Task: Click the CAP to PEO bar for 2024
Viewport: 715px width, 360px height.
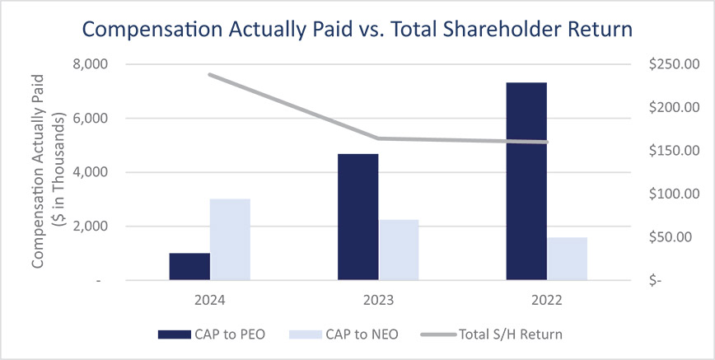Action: click(x=189, y=266)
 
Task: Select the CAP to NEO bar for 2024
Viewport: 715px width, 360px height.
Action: click(x=230, y=239)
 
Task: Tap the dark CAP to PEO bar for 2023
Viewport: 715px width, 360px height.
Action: click(x=358, y=217)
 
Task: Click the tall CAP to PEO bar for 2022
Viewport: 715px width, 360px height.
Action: click(x=527, y=181)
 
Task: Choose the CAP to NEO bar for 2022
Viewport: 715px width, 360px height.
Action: click(x=568, y=259)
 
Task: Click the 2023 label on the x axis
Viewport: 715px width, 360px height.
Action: click(x=379, y=301)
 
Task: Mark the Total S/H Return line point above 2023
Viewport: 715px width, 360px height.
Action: click(x=379, y=138)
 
